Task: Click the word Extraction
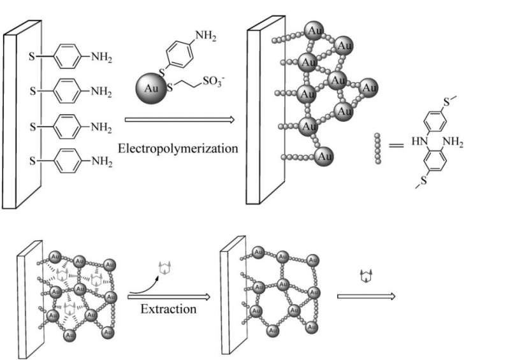168,311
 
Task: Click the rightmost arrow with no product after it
367,296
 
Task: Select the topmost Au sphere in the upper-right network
314,29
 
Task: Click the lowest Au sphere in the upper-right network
324,155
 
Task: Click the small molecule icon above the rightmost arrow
366,277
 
